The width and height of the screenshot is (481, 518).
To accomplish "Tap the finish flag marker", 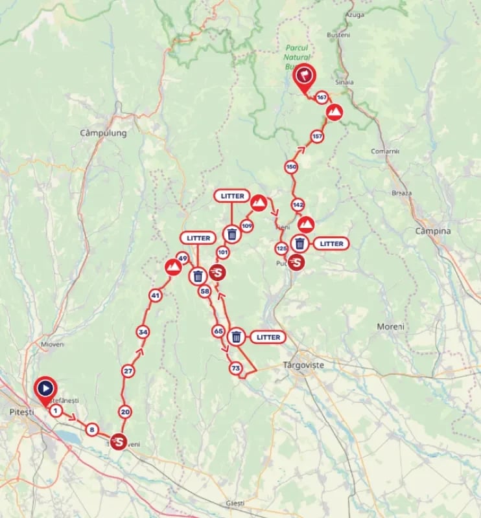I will tap(303, 76).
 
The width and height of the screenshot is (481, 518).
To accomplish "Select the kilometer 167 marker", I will tap(322, 98).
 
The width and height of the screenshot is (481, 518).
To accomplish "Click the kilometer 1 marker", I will tap(56, 411).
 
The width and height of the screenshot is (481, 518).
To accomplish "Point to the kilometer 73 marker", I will tap(236, 368).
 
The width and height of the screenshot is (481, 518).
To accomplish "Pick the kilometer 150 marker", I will tap(291, 167).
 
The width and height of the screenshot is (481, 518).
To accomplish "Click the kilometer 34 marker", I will tap(143, 332).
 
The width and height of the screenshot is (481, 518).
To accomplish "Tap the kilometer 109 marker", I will tap(246, 225).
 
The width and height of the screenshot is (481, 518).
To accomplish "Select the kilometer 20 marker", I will tap(125, 412).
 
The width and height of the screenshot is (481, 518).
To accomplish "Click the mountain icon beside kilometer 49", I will tap(172, 266).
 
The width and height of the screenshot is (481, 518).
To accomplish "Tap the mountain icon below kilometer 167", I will tap(334, 113).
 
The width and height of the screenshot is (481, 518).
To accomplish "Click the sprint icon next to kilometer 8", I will tap(118, 441).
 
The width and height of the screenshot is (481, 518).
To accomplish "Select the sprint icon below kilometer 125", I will tap(296, 262).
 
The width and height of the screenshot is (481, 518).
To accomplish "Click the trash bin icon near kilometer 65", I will tap(237, 337).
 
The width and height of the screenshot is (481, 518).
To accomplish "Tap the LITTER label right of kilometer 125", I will tap(331, 243).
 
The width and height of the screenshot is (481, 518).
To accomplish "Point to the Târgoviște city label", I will tap(303, 365).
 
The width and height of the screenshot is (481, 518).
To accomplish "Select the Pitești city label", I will tap(15, 412).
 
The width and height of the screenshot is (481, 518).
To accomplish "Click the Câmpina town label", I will tap(434, 231).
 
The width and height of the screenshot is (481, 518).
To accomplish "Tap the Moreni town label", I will tap(390, 326).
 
